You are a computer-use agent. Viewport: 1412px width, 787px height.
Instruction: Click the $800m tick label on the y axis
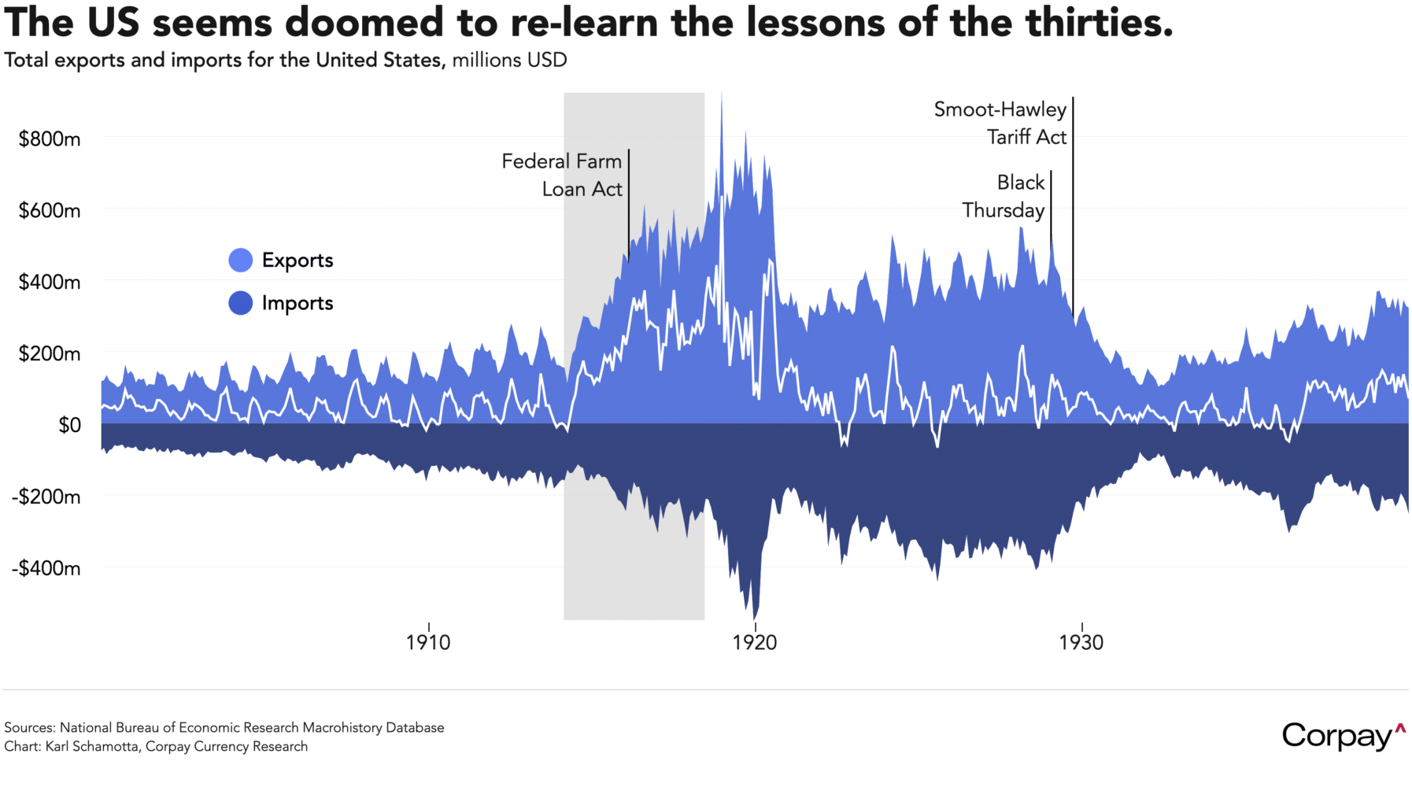50,139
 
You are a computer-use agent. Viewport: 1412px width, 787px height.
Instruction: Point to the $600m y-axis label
50,211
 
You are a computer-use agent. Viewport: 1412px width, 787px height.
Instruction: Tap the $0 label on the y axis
69,425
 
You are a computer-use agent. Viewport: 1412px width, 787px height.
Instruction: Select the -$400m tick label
46,568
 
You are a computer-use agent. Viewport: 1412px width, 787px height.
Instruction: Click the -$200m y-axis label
46,497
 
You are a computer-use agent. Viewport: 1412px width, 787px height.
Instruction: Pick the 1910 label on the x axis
428,642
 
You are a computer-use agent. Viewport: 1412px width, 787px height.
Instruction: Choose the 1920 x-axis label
755,642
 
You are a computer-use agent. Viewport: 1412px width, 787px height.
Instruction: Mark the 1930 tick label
1081,642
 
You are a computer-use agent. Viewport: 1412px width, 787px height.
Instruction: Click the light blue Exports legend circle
241,260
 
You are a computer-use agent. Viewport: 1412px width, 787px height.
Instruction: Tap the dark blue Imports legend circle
241,303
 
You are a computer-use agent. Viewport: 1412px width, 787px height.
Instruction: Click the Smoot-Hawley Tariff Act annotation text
1000,123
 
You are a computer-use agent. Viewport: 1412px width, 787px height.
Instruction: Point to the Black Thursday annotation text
1004,196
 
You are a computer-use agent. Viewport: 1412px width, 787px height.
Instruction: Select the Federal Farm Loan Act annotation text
562,175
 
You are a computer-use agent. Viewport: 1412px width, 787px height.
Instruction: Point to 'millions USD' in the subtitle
509,61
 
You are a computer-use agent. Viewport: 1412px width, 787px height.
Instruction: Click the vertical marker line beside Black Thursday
1051,205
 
